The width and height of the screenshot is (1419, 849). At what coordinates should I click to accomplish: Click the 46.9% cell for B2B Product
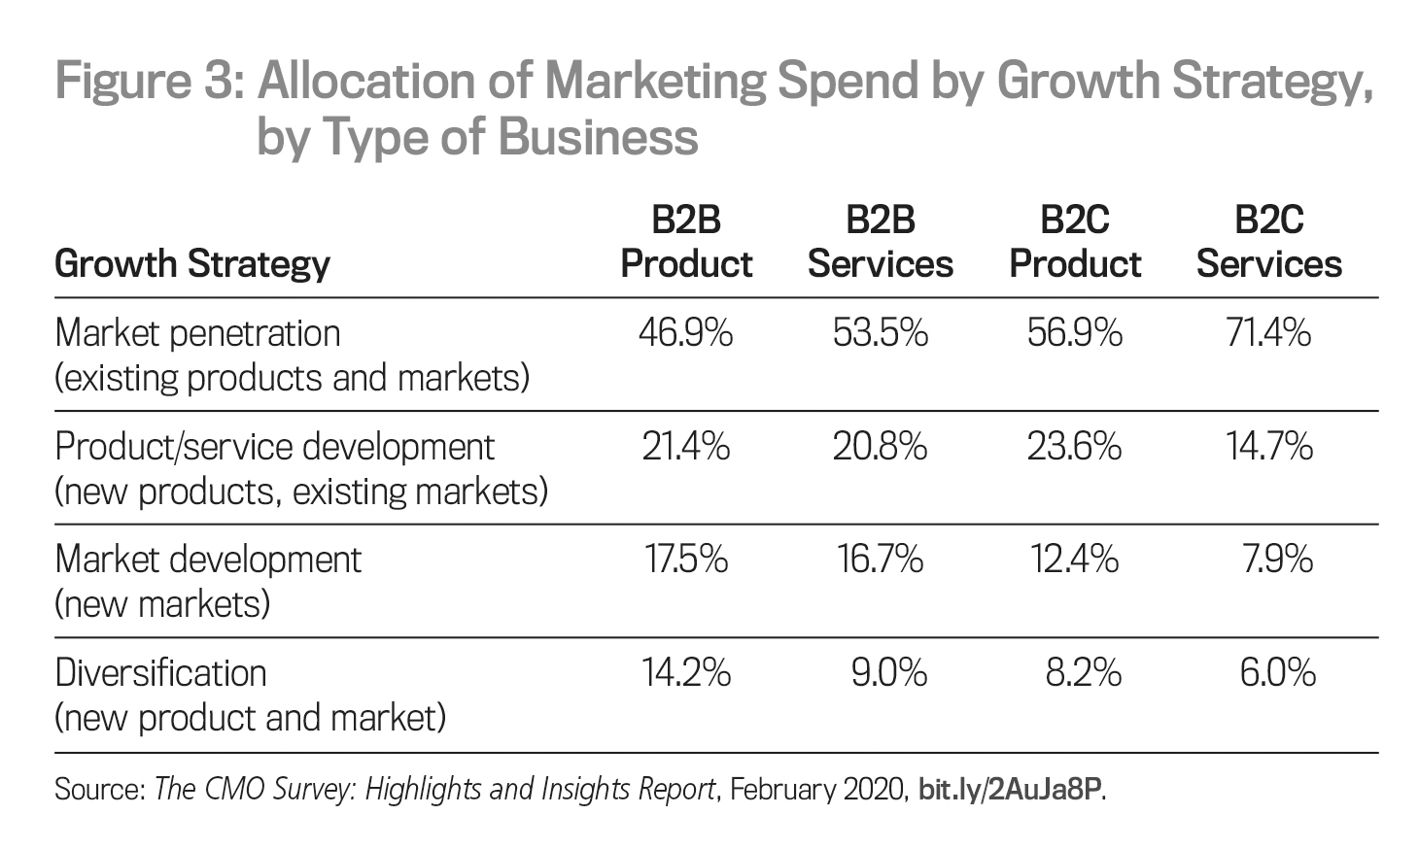[685, 333]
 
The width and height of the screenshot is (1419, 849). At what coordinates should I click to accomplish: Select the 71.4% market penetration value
[1268, 333]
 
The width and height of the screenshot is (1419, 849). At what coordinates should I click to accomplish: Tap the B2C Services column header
[1268, 242]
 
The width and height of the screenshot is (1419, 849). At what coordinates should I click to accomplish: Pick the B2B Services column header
[880, 242]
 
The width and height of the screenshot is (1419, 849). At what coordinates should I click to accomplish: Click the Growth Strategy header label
[192, 263]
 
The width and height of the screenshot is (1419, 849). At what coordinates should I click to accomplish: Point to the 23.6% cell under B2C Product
[1074, 447]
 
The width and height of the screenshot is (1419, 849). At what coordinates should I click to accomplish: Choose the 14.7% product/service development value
[1268, 447]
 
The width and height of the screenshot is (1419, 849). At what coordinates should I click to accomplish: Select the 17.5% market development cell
[685, 560]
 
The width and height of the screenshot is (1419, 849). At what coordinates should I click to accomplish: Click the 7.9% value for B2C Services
[1277, 560]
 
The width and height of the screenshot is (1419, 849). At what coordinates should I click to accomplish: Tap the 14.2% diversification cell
[685, 673]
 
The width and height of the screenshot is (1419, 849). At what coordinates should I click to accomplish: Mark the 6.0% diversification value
[1277, 673]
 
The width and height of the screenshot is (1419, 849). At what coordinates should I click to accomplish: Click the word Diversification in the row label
[161, 673]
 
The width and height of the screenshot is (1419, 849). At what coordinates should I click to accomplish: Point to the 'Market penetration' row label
[198, 333]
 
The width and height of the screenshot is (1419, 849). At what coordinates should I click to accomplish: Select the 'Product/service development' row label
[275, 447]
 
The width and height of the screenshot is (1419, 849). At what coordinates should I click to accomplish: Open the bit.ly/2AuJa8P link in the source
[1010, 789]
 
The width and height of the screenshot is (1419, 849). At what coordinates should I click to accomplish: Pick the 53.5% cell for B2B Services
[880, 333]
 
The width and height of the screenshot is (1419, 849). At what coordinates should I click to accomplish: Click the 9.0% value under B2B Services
[888, 673]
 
